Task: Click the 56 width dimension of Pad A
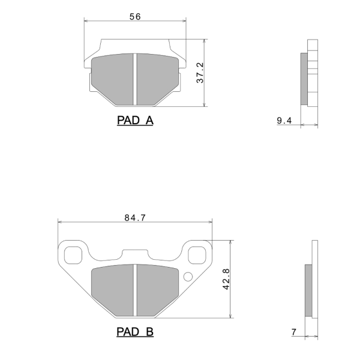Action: tap(135, 17)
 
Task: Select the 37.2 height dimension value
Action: tap(200, 73)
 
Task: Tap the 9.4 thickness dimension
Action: tap(284, 121)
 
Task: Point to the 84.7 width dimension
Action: tap(135, 218)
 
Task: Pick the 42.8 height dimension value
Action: tap(226, 279)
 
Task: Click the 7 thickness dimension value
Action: tap(294, 332)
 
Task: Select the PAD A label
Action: tap(135, 121)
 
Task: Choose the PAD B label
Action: tap(135, 332)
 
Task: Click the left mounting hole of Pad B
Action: tap(73, 255)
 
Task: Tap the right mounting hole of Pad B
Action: tap(197, 255)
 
